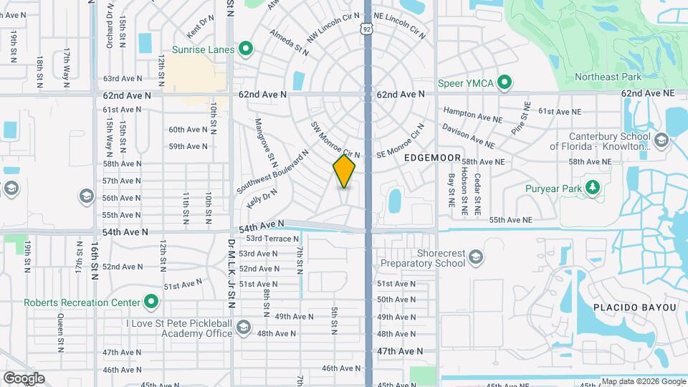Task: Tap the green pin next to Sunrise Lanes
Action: coord(246,49)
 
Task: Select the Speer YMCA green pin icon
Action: coord(504,83)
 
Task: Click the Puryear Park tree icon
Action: coord(592,188)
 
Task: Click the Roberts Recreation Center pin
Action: coord(151,302)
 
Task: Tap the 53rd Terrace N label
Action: coord(272,239)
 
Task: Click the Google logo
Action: coord(24,378)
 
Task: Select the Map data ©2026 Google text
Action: coord(643,381)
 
